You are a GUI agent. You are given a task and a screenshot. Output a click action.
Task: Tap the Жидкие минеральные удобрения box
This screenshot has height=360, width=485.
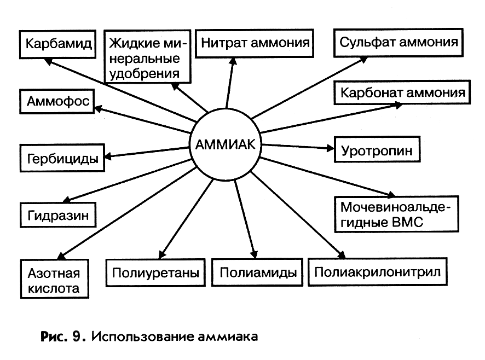tap(146, 56)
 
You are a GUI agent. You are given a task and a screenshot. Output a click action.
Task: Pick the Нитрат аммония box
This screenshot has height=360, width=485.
tap(256, 42)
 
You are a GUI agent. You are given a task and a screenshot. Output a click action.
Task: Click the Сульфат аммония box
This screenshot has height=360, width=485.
tap(399, 42)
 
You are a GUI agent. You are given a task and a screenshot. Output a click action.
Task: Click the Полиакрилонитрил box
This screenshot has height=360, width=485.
tap(378, 270)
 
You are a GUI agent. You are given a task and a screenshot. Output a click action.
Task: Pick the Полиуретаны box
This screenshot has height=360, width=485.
tap(155, 272)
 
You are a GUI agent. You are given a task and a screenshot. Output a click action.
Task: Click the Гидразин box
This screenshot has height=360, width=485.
tap(58, 214)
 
